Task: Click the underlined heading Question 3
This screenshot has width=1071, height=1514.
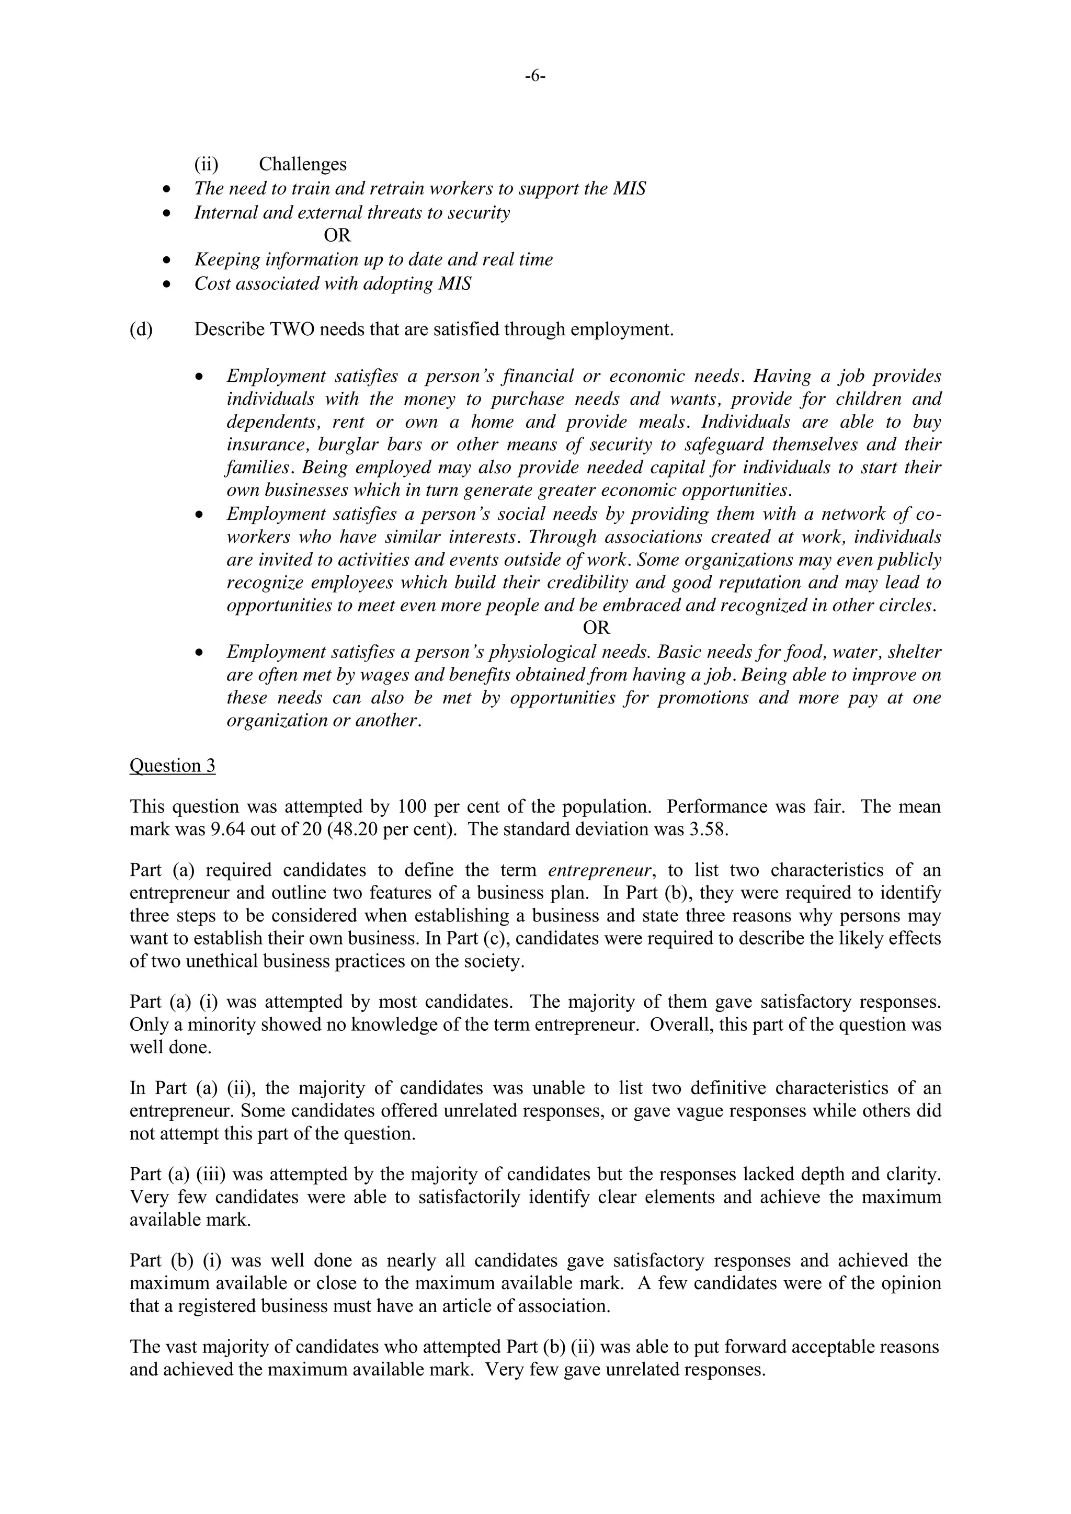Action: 172,766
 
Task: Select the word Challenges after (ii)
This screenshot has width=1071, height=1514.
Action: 303,164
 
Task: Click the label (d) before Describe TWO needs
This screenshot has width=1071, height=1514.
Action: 141,329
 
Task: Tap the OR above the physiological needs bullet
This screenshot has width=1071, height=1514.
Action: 596,628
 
